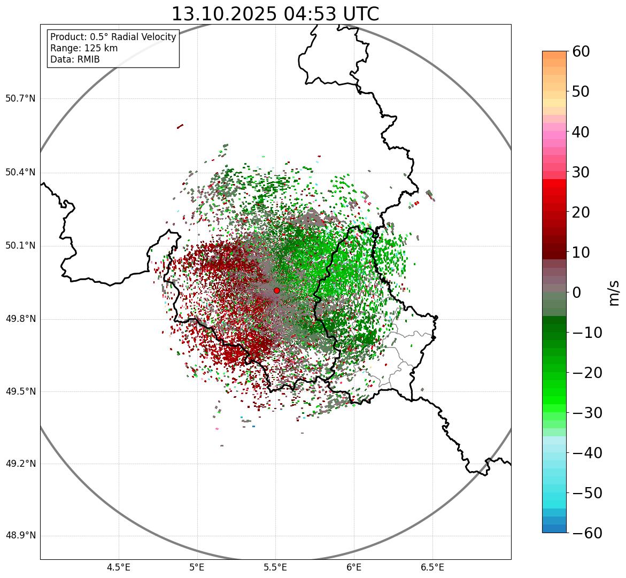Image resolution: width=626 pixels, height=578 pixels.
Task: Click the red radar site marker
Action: [276, 290]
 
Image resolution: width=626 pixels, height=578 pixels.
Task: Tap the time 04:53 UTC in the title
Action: [330, 14]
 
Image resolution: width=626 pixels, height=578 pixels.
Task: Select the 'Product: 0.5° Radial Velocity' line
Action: [113, 37]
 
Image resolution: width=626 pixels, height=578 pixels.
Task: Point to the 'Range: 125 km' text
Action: [84, 48]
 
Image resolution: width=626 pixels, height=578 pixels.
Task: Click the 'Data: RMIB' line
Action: [75, 59]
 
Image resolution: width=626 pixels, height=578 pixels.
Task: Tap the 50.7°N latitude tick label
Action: [20, 99]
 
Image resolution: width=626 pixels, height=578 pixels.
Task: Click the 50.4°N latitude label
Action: [20, 172]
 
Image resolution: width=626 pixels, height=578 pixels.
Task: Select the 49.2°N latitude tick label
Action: [20, 464]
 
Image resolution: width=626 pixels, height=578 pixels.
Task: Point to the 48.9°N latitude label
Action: [20, 536]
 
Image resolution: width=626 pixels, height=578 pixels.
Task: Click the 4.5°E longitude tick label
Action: [119, 567]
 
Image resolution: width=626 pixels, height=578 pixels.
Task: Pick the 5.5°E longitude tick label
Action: [276, 567]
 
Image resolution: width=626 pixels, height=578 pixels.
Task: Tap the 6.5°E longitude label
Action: [432, 567]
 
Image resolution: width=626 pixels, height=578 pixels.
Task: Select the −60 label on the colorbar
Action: [587, 533]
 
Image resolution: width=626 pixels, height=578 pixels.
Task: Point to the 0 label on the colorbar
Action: [577, 292]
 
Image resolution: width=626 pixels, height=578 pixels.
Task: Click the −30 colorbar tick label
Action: [587, 413]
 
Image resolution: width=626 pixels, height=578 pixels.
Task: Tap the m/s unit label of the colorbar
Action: [614, 292]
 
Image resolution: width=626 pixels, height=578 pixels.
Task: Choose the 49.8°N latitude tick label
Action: [20, 319]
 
